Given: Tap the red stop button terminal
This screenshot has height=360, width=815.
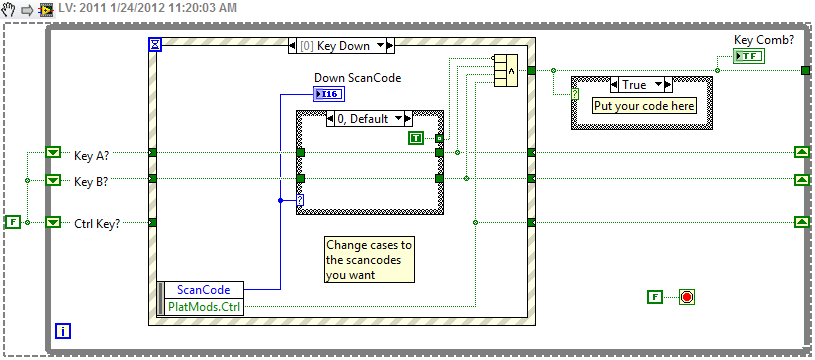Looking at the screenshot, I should (686, 297).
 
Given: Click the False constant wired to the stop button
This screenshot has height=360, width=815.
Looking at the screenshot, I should (654, 297).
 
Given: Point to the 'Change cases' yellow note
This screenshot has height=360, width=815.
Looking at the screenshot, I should (367, 260).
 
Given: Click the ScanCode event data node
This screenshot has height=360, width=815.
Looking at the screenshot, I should (203, 290).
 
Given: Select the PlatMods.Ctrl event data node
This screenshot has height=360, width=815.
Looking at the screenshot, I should (203, 305).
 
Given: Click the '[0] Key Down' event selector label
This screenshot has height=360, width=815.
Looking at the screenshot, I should (341, 45).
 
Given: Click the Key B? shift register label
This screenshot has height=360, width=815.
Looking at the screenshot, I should (97, 181).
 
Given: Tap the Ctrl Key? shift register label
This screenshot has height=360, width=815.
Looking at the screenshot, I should (97, 223).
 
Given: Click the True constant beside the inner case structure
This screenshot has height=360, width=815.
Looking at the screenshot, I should (416, 137).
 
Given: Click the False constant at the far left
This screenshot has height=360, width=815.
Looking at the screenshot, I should (13, 221).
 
